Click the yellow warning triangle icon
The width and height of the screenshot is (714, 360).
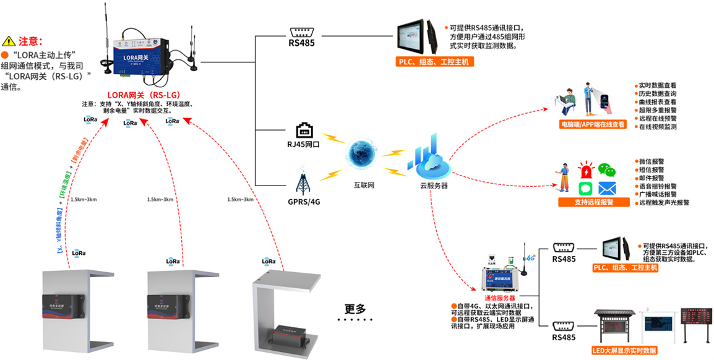[9, 42]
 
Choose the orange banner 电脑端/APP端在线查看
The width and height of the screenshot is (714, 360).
[593, 124]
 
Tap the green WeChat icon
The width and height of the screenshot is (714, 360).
[611, 171]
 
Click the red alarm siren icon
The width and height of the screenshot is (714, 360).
[585, 171]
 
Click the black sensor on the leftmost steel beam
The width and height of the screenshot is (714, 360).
[62, 304]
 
